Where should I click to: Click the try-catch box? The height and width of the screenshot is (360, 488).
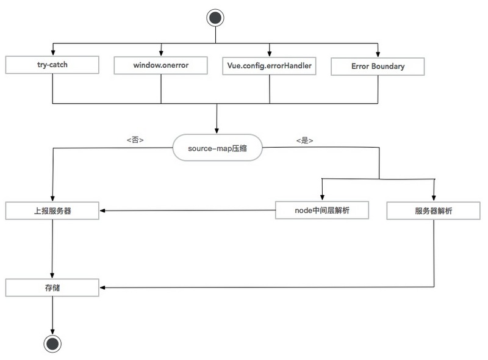click(52, 65)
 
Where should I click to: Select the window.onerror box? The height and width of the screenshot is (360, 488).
click(160, 65)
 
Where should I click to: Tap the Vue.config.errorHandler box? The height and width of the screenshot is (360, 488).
click(269, 66)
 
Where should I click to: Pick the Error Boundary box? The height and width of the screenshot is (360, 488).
click(378, 67)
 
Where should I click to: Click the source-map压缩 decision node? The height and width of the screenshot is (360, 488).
click(217, 148)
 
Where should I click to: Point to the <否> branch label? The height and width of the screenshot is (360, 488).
click(135, 140)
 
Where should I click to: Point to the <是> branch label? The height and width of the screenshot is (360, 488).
click(304, 140)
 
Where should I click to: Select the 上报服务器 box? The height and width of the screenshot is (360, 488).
click(52, 211)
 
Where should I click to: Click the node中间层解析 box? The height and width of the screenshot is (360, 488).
click(322, 211)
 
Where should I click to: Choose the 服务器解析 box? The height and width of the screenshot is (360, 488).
click(434, 211)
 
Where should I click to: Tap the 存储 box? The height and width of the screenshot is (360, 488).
click(52, 287)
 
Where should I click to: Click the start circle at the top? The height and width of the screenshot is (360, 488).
click(215, 18)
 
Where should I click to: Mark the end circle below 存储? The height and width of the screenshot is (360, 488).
click(52, 344)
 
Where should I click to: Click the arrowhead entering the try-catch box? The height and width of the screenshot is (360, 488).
click(53, 53)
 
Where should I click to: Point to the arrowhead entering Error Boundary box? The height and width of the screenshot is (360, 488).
click(378, 54)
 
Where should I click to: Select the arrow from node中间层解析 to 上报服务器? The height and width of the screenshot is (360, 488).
click(187, 211)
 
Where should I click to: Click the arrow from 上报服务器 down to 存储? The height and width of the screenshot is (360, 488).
click(52, 249)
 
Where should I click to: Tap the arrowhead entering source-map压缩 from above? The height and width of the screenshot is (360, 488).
click(217, 131)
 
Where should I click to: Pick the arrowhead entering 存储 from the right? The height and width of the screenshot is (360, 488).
click(102, 287)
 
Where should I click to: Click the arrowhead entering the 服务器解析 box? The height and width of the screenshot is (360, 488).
click(434, 198)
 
